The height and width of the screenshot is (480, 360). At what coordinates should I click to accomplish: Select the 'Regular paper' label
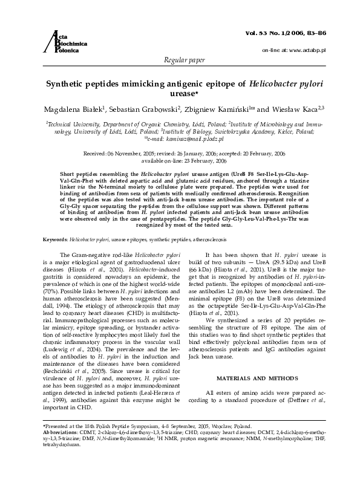point(180,62)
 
